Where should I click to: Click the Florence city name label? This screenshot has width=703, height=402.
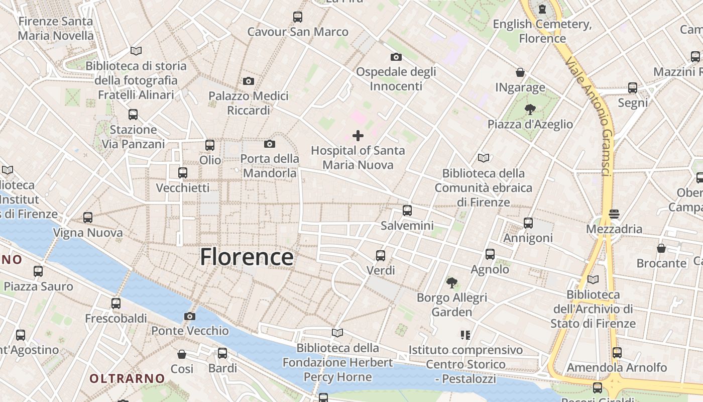(247, 257)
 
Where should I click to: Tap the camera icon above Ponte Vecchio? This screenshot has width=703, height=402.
(189, 316)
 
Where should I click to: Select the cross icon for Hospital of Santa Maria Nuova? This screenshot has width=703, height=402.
(358, 135)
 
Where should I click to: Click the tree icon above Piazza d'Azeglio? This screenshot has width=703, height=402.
(530, 109)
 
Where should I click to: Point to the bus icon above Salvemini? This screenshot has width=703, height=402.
(407, 210)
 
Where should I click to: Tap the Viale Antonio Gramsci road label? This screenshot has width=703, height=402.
(588, 116)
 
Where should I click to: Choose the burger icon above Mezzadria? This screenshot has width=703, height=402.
(614, 214)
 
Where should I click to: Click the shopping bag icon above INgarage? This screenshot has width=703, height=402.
(520, 72)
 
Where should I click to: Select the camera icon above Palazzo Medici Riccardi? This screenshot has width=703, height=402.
(248, 81)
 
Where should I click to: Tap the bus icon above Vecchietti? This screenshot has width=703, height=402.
(183, 173)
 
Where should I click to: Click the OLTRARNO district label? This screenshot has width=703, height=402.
(127, 378)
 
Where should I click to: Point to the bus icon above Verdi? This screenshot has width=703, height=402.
(381, 255)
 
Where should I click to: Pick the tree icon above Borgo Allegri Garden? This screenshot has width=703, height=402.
(452, 282)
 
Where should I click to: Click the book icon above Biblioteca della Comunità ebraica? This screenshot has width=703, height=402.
(484, 158)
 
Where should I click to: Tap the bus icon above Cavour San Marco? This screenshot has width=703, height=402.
(298, 17)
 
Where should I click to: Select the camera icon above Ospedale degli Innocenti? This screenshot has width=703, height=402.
(396, 57)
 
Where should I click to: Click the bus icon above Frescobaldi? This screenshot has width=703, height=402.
(116, 304)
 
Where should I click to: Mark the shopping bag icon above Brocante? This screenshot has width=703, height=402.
(661, 248)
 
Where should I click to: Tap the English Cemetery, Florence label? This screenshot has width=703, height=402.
(542, 31)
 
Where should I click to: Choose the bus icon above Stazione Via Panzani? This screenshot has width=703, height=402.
(133, 115)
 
